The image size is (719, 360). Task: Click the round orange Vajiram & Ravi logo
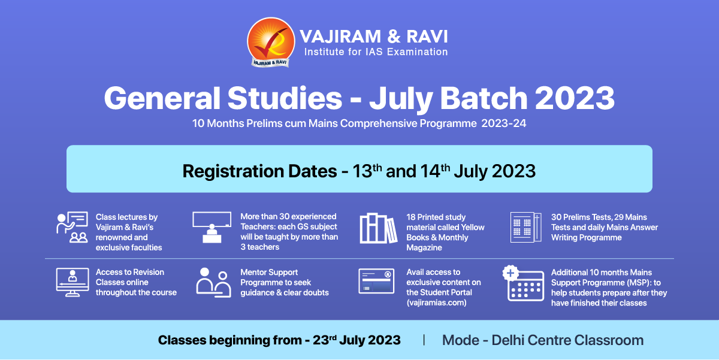(x=271, y=42)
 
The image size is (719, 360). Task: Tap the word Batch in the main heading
(x=484, y=98)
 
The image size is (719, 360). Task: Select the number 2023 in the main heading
(x=575, y=98)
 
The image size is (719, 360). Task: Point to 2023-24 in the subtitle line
(x=504, y=123)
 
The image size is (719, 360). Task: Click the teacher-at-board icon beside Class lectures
(x=72, y=227)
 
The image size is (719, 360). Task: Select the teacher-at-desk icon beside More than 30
(x=212, y=227)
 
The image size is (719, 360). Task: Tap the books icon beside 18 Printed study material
(x=379, y=228)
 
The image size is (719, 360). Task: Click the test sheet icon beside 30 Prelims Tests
(x=526, y=227)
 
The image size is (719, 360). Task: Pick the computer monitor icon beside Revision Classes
(x=72, y=282)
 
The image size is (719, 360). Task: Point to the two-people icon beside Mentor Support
(x=213, y=283)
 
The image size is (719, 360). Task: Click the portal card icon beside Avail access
(x=376, y=281)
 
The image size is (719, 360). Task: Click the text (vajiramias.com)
(x=437, y=302)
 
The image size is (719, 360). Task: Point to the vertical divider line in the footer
(x=424, y=340)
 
